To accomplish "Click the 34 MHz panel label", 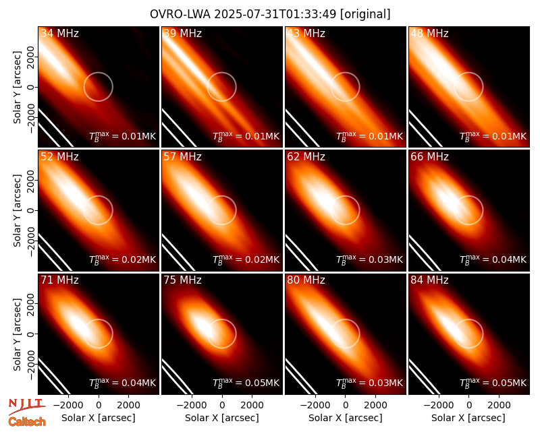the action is pyautogui.click(x=59, y=33).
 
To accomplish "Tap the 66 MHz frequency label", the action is pyautogui.click(x=429, y=157).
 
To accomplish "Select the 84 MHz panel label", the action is pyautogui.click(x=429, y=280).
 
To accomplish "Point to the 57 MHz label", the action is pyautogui.click(x=182, y=157).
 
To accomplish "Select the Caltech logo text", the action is pyautogui.click(x=27, y=422).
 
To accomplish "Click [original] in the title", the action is pyautogui.click(x=365, y=14).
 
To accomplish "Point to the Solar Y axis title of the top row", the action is pyautogui.click(x=17, y=88).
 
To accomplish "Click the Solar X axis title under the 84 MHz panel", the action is pyautogui.click(x=468, y=418).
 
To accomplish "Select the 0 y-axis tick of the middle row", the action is pyautogui.click(x=31, y=210).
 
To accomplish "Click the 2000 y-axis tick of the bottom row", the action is pyautogui.click(x=31, y=304).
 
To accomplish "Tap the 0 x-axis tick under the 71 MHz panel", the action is pyautogui.click(x=99, y=405).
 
